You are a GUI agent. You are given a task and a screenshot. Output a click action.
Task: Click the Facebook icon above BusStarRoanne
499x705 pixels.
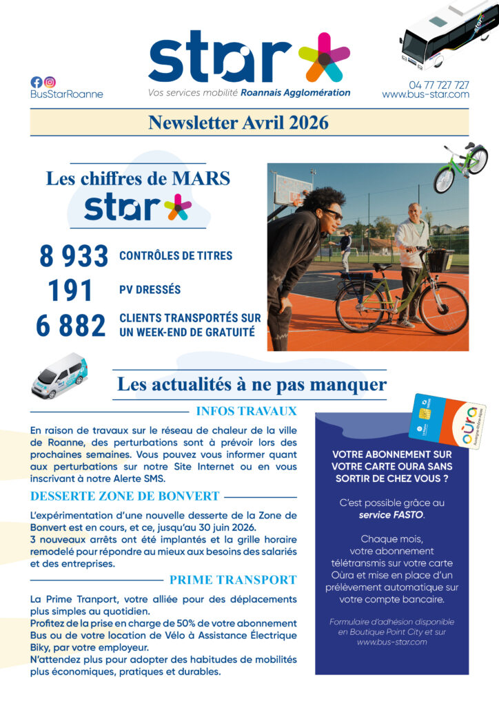(37, 82)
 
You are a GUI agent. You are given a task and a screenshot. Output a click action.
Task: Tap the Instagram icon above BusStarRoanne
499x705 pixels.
(50, 82)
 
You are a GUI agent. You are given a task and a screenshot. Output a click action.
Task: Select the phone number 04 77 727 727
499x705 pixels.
(438, 85)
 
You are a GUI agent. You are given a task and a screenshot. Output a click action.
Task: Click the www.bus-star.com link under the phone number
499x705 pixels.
(425, 94)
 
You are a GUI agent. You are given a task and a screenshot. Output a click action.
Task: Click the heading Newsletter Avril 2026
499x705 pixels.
(238, 123)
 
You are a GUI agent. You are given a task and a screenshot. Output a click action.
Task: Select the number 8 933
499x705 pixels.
(74, 257)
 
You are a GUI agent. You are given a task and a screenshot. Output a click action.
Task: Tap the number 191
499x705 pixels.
(70, 291)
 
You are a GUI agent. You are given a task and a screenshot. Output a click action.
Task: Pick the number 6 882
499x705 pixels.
(72, 325)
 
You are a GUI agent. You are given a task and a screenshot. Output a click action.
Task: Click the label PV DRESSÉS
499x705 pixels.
(150, 290)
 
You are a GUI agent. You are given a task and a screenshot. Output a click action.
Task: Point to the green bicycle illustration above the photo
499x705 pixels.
(460, 167)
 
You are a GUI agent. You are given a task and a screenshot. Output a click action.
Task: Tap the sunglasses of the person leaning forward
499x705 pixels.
(333, 214)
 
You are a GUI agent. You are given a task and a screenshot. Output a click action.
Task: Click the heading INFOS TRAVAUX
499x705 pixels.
(246, 412)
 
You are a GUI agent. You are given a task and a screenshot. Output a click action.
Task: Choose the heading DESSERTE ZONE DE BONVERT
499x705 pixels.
(125, 496)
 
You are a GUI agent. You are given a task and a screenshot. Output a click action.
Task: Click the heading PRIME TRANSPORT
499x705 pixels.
(232, 580)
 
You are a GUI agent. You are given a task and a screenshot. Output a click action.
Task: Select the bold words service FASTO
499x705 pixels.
(391, 514)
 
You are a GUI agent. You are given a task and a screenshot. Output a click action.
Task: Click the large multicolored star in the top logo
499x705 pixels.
(324, 57)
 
